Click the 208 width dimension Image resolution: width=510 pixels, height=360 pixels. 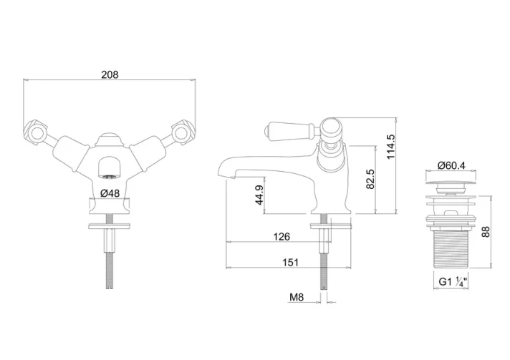(x=110, y=74)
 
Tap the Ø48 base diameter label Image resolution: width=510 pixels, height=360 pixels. (x=110, y=193)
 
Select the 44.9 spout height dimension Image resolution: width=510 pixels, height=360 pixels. (x=259, y=195)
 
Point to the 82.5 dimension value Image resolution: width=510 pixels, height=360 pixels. (x=370, y=179)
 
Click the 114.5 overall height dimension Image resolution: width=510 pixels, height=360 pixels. (x=390, y=147)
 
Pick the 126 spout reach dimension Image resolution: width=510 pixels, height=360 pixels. (x=282, y=236)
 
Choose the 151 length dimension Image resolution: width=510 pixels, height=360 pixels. (x=290, y=262)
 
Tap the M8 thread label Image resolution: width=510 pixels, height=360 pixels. (x=297, y=296)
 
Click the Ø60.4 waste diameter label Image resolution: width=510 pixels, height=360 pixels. (x=451, y=165)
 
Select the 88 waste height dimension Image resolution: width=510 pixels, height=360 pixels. (x=485, y=232)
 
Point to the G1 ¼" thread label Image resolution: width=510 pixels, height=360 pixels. (x=453, y=281)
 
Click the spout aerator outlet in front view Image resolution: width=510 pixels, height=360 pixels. (x=110, y=177)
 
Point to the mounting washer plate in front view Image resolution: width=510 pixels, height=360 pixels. (x=110, y=225)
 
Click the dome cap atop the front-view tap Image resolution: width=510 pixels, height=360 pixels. (x=110, y=137)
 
